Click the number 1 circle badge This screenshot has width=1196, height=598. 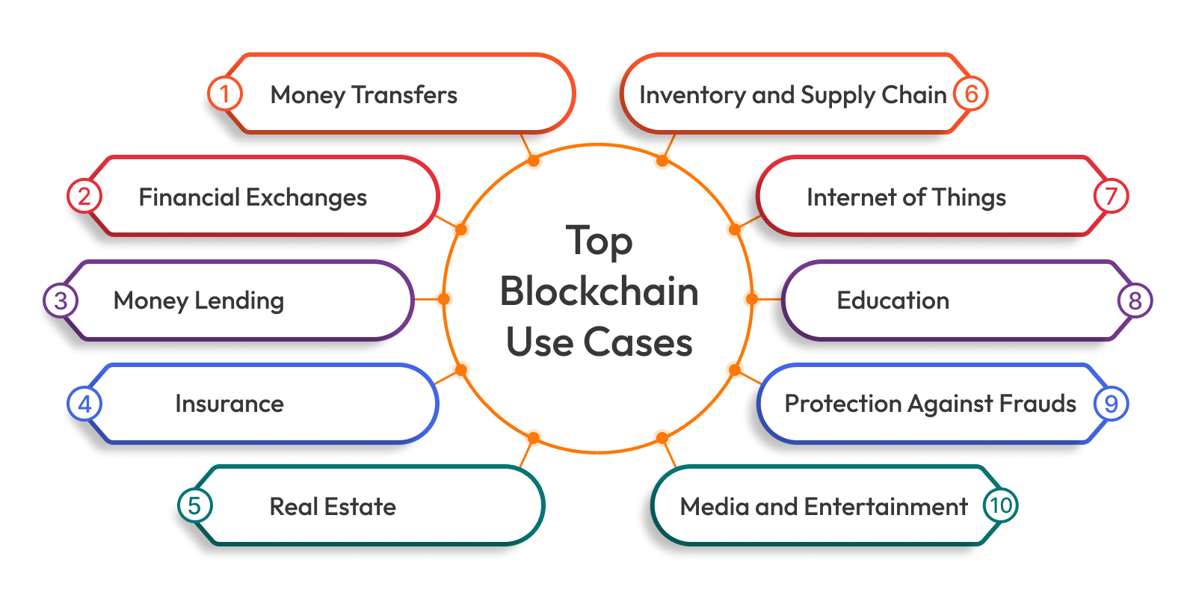[x=224, y=94]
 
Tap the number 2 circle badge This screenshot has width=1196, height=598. [x=84, y=197]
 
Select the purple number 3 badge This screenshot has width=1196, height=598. [x=61, y=300]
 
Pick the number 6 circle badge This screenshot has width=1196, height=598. [x=971, y=94]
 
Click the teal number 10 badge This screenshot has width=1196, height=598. [x=1000, y=505]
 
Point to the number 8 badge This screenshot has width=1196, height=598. [x=1135, y=300]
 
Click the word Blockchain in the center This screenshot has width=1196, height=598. [x=599, y=292]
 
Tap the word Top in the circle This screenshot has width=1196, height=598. [x=599, y=241]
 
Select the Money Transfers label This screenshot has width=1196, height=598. [x=363, y=95]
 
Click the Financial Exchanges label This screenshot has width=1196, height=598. [x=253, y=197]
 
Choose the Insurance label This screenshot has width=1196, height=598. [x=229, y=404]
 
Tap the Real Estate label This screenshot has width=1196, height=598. [x=333, y=507]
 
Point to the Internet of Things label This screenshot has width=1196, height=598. [x=906, y=197]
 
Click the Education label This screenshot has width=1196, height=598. [x=893, y=300]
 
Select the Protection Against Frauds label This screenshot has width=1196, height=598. [x=930, y=404]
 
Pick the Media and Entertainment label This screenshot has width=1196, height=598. [x=824, y=507]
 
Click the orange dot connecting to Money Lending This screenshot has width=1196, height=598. [x=443, y=299]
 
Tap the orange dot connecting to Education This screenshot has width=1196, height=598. [x=752, y=299]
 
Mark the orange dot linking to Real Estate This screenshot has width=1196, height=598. [x=533, y=438]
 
